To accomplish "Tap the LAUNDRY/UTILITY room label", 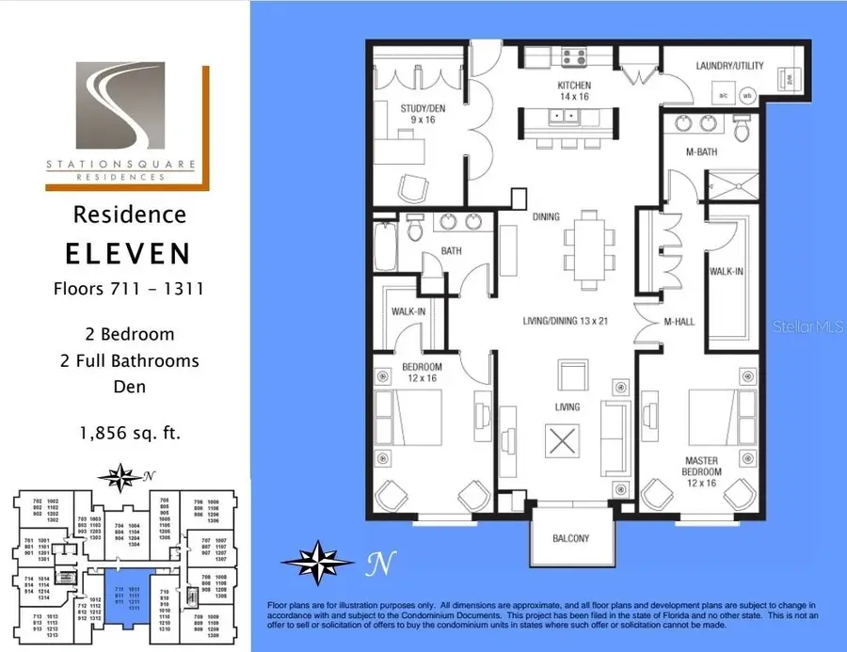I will (729, 66).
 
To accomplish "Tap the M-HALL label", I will (679, 322).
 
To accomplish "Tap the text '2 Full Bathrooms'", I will (126, 360).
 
